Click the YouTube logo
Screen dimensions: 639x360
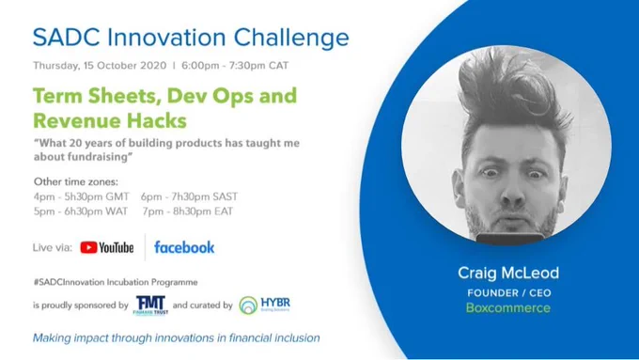coord(107,247)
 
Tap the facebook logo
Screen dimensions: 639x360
coord(184,247)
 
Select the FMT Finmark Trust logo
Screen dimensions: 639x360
coord(150,305)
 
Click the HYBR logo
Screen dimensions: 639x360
coord(264,305)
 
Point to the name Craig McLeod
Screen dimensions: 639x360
coord(508,273)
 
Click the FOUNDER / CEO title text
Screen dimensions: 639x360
coord(509,292)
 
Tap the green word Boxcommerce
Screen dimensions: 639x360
coord(508,307)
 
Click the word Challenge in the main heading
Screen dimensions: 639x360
coord(291,38)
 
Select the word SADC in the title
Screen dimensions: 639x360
coord(67,38)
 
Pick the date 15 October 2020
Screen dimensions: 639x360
coord(125,66)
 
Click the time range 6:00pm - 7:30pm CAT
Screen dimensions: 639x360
coord(235,66)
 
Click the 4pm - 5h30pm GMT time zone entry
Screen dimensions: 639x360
coord(82,197)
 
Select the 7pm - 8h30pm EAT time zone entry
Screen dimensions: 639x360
coord(188,211)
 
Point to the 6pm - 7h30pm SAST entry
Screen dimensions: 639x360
coord(189,197)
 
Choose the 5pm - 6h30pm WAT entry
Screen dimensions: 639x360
coord(81,211)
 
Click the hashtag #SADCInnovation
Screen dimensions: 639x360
coord(69,282)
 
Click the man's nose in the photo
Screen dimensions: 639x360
coord(513,192)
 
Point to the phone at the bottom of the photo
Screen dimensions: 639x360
coord(510,239)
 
